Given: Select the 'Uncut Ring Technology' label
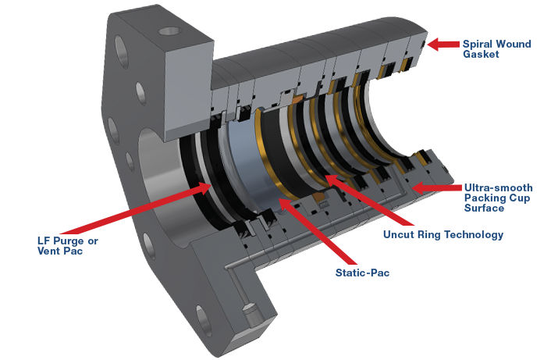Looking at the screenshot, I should coord(443,234).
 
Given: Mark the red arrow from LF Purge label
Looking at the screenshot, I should coord(125,215).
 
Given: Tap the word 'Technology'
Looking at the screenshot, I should coord(471,234).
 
